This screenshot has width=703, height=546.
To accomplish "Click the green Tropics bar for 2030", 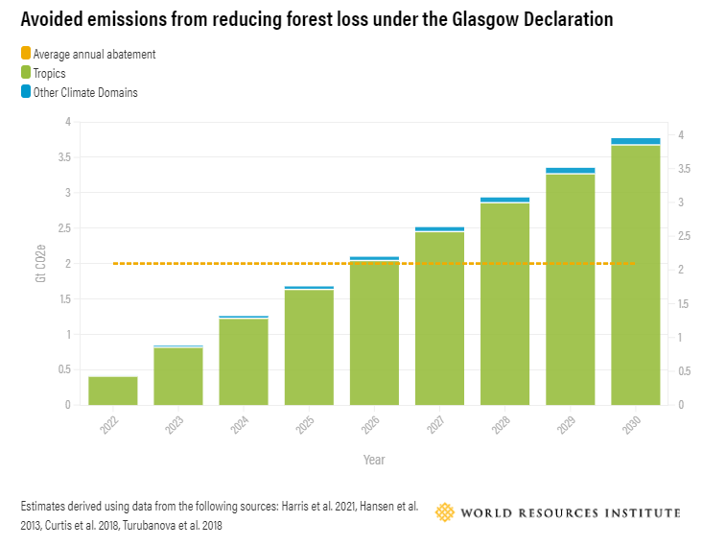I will click(x=636, y=273).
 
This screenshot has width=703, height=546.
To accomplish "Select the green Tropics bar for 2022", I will click(x=113, y=391).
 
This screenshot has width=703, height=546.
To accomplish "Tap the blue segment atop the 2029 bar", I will click(x=571, y=171).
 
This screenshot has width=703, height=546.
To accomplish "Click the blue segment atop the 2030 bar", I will click(x=636, y=141).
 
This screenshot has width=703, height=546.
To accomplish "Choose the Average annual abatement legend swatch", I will click(x=25, y=55).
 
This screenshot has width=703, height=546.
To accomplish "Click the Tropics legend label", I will click(x=50, y=74).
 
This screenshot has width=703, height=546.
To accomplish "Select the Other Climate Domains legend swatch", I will click(x=25, y=92).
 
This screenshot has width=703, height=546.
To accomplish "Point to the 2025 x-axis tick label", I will click(x=304, y=426).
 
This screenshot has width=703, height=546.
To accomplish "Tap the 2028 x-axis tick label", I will click(x=500, y=426).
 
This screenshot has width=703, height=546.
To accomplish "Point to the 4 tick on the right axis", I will click(x=680, y=135).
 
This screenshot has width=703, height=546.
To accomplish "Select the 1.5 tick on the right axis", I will click(x=683, y=303).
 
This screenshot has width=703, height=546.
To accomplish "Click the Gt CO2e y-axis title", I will click(x=40, y=263).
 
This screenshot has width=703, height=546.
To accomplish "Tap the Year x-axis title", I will click(x=374, y=460).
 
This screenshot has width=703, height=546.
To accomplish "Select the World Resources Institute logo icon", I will click(x=445, y=512).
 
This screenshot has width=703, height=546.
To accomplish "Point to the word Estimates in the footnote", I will click(x=44, y=505).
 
